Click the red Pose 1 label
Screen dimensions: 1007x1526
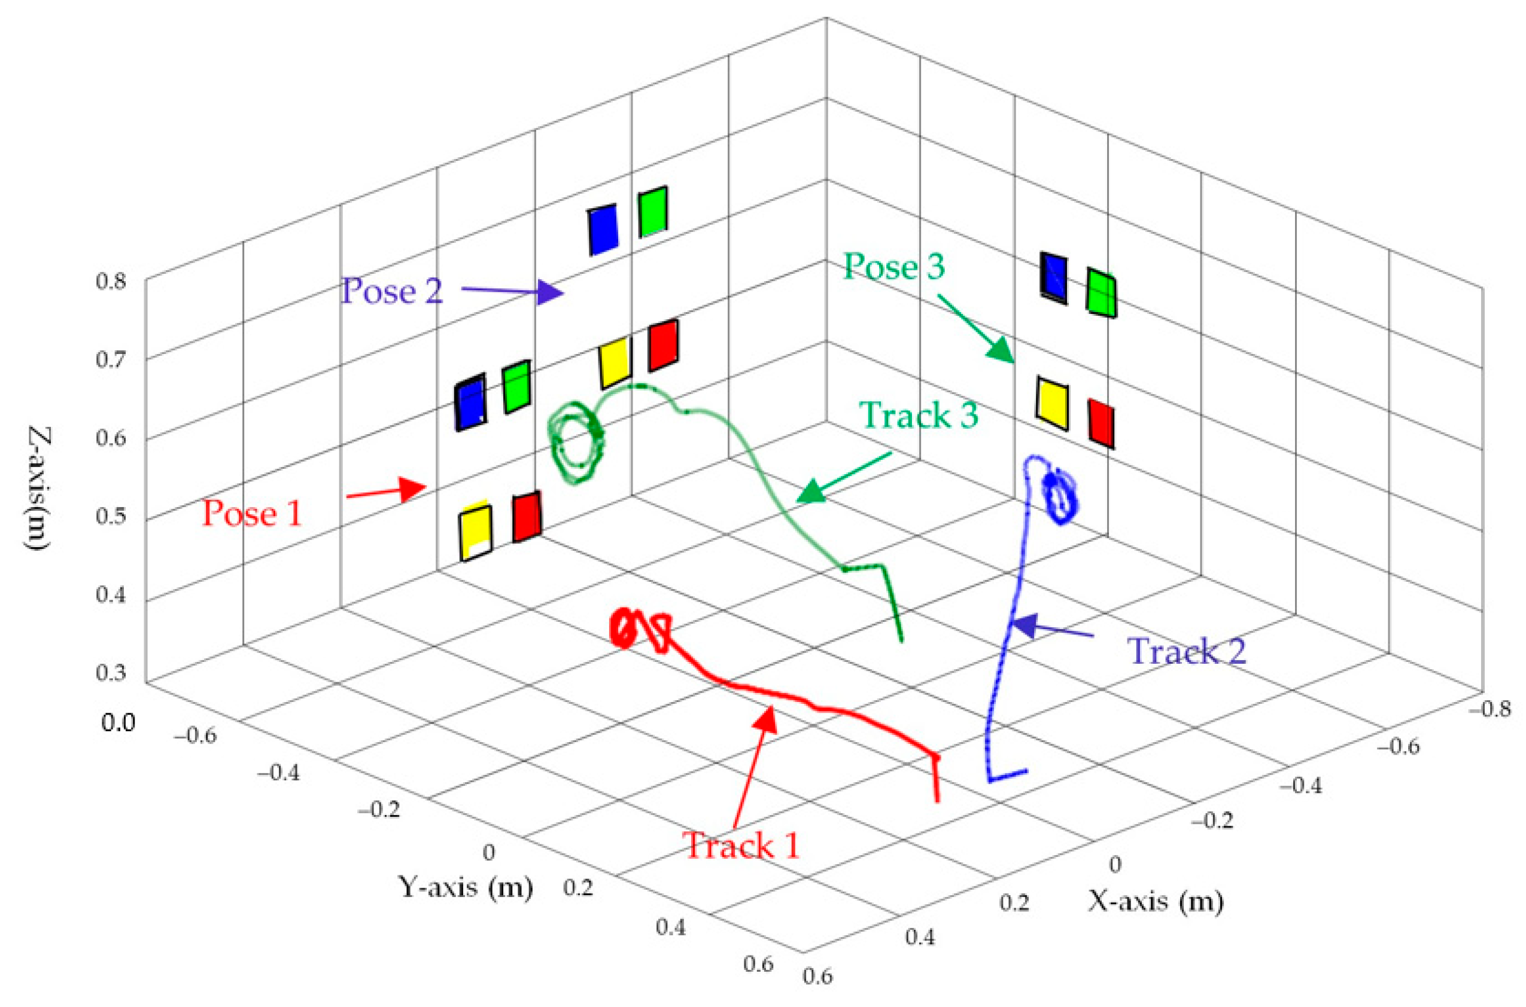(252, 514)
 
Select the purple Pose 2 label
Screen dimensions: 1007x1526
(391, 291)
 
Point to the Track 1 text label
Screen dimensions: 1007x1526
(743, 845)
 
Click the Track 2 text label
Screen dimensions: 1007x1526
(1187, 651)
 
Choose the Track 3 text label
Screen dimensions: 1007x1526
(919, 415)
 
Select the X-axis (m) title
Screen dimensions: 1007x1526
(1155, 901)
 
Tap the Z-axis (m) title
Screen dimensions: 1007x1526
(40, 487)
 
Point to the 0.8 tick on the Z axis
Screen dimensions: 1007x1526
(111, 280)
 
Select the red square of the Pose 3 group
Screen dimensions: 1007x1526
(1101, 423)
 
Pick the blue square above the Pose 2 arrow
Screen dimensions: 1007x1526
(603, 230)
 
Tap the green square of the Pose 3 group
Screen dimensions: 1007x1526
(1101, 293)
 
